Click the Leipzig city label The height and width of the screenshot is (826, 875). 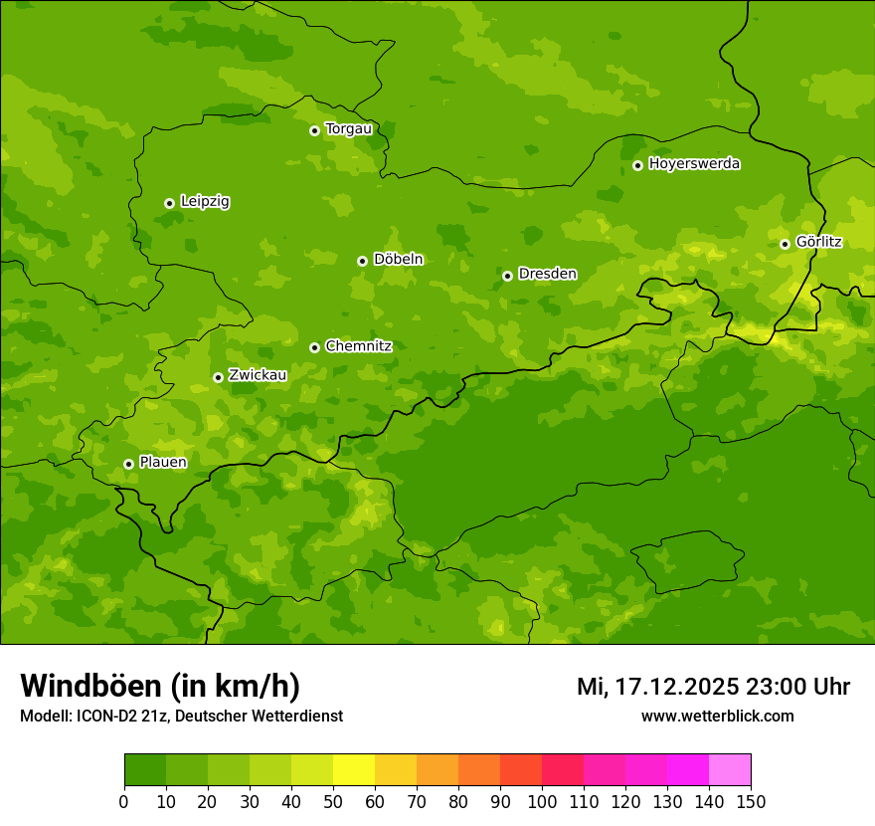coord(205,202)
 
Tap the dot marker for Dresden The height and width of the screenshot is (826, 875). coord(507,276)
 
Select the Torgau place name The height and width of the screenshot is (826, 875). coord(348,129)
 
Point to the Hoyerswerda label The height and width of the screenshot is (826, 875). coord(694,164)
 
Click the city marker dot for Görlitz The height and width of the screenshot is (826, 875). coord(785,244)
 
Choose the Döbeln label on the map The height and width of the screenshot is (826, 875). coord(398,260)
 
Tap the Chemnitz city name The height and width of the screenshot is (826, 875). coord(358,346)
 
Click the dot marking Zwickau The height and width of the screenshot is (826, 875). coord(218,377)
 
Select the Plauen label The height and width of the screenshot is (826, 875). coord(163,463)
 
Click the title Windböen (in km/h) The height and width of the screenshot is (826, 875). coord(160,686)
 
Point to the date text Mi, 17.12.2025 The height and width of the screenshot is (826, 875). coord(658,687)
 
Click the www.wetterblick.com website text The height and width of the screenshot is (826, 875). coord(717,716)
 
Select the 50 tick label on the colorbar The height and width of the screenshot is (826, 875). coord(333,801)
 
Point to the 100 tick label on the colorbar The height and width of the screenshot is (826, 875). coord(542,801)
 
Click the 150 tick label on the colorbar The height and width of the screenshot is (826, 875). coord(751,801)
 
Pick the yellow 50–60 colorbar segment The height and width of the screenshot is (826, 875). coord(354,770)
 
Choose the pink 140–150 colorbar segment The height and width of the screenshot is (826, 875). coord(730,770)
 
